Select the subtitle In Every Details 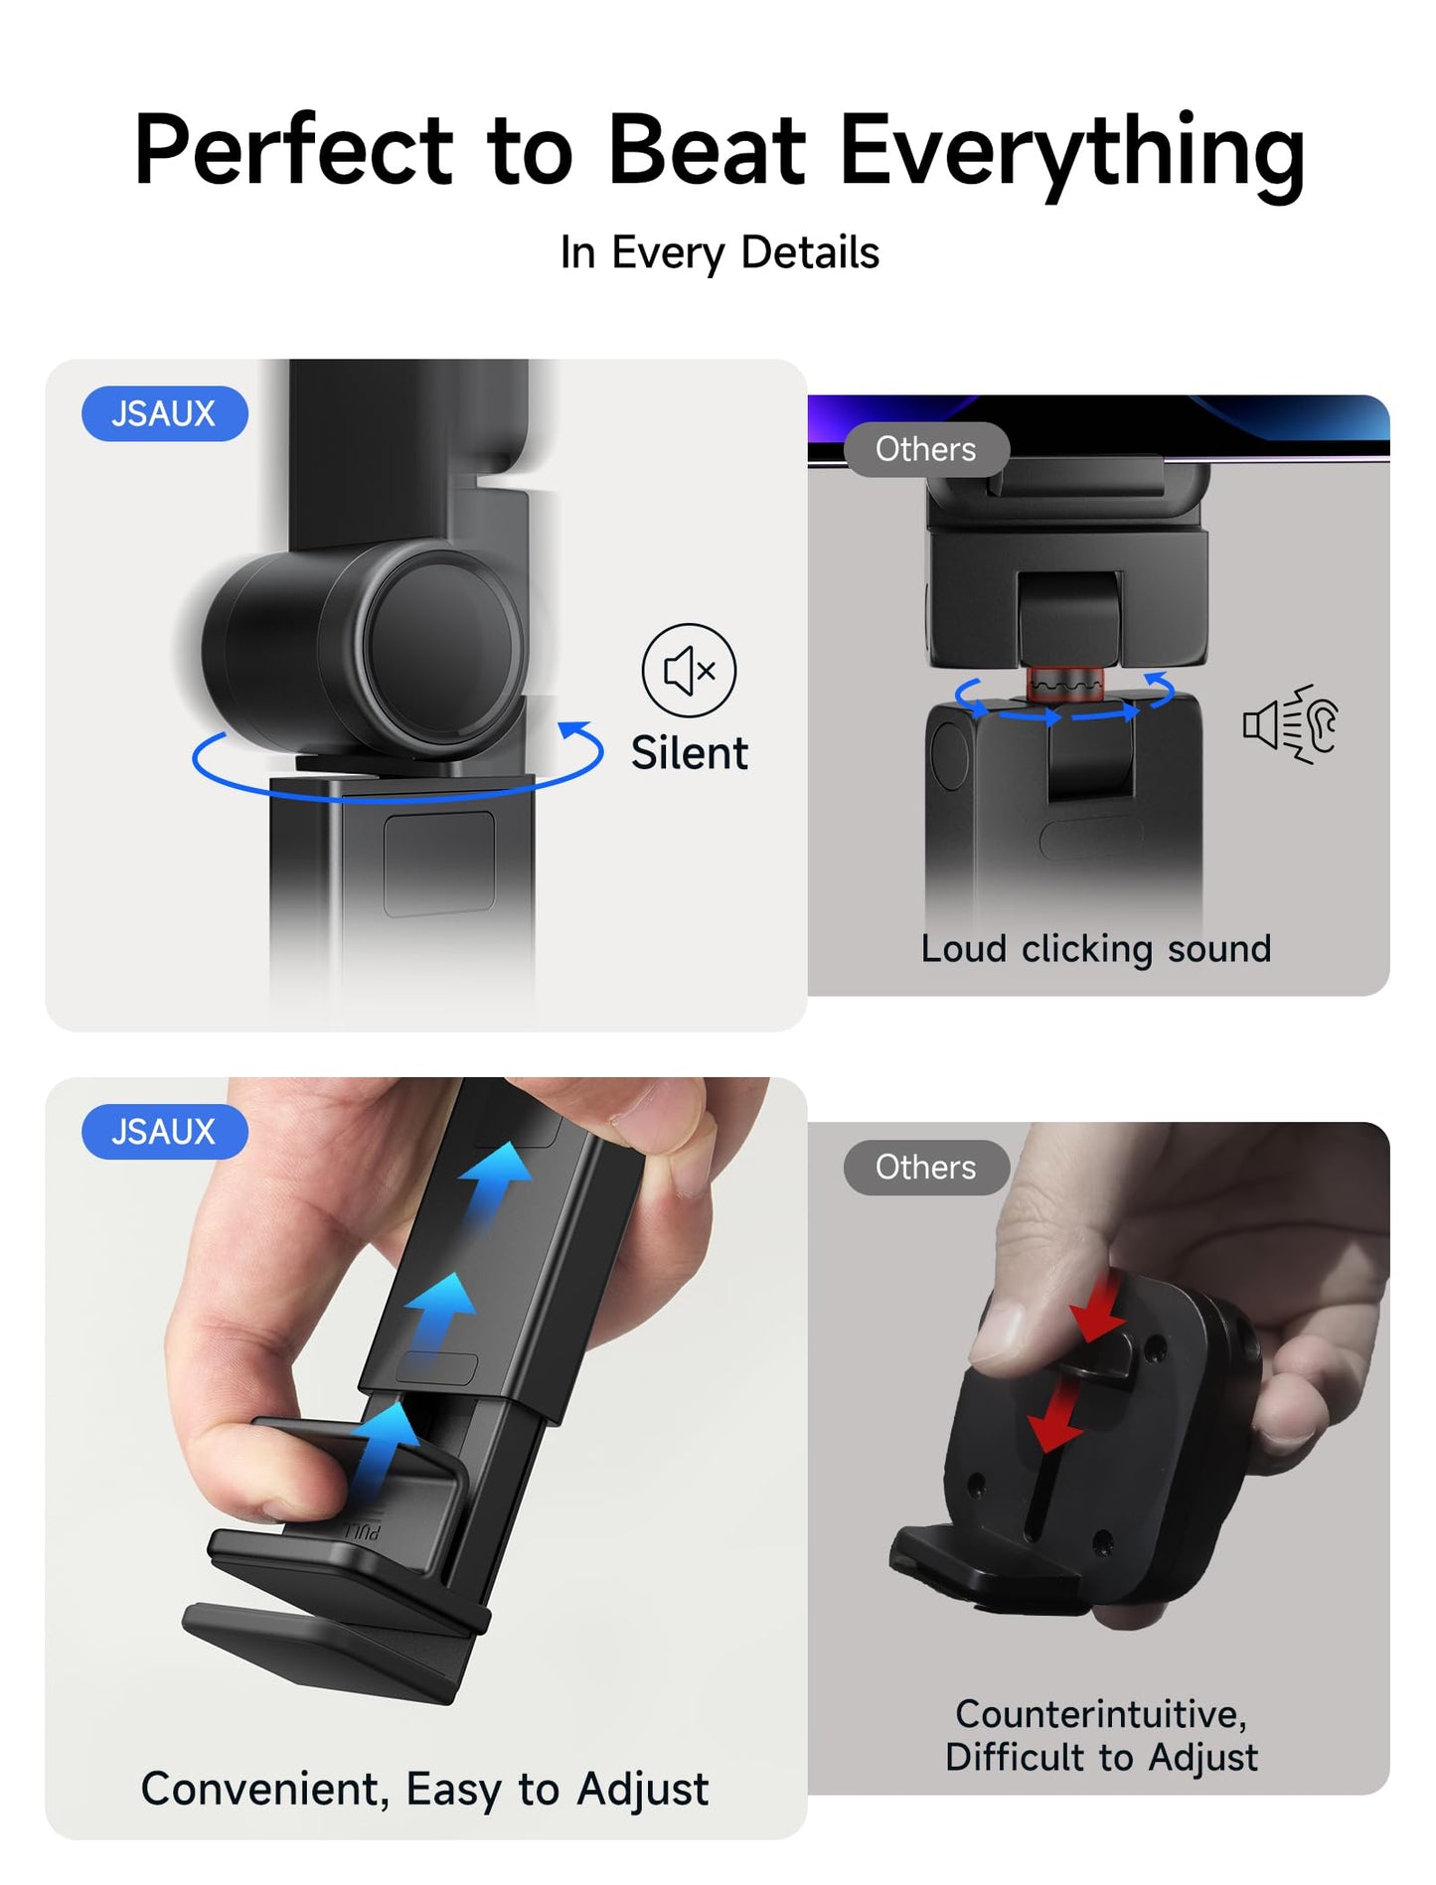tap(719, 253)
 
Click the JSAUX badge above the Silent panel tap(165, 413)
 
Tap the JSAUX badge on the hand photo tap(165, 1132)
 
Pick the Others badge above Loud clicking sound tap(926, 449)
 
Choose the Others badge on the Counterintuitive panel tap(926, 1168)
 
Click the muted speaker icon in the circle tap(689, 671)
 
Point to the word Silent tap(689, 753)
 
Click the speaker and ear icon tap(1291, 724)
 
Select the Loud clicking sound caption tap(1095, 949)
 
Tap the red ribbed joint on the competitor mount tap(1064, 684)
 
